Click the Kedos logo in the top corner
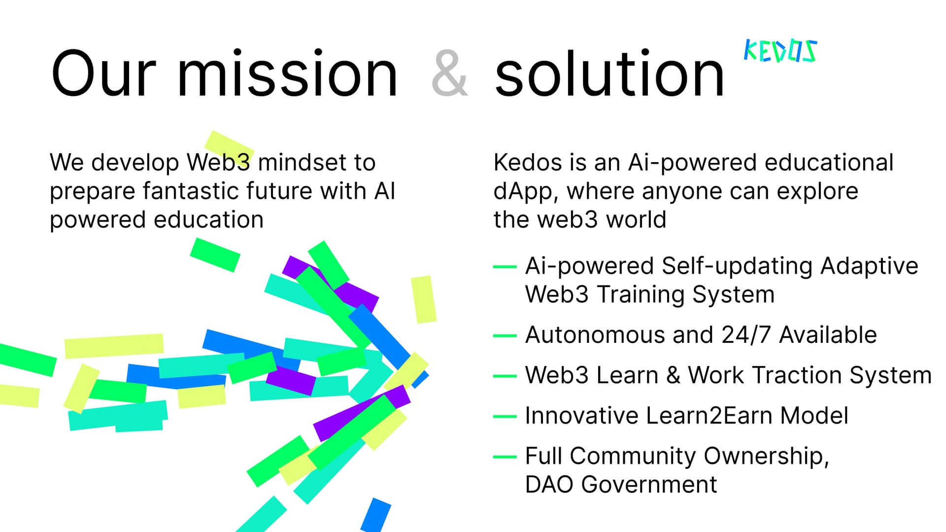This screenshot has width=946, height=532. (x=780, y=51)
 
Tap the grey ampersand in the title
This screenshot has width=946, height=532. (x=449, y=74)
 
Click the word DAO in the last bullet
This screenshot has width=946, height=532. (x=549, y=484)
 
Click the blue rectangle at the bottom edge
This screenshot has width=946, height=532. (x=375, y=515)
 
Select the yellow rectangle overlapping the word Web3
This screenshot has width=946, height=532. (x=229, y=147)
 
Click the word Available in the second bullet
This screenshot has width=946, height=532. (x=828, y=335)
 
